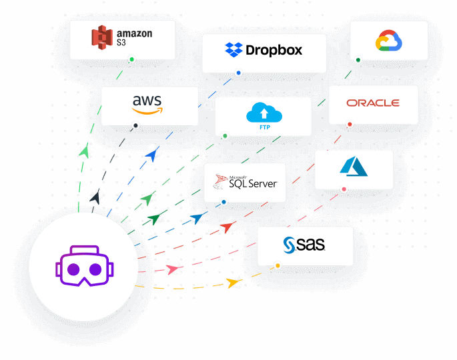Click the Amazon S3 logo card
(123, 39)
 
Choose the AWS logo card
(149, 105)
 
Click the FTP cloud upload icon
(260, 114)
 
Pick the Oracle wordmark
(373, 103)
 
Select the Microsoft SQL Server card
(244, 182)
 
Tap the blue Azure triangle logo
(354, 167)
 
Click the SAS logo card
(305, 245)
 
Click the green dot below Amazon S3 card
(132, 59)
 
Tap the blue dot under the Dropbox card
(238, 73)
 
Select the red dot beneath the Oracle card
(350, 124)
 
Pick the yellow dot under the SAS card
(278, 266)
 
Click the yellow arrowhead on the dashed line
(233, 283)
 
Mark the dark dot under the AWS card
(136, 125)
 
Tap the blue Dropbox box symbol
(234, 49)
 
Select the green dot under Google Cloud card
(358, 60)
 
